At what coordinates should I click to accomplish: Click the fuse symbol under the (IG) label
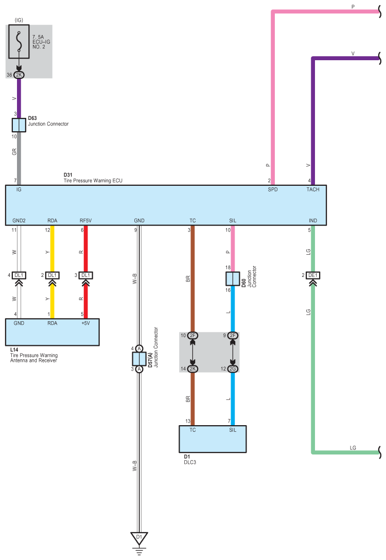[19, 41]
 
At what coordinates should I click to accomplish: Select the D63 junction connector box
[19, 125]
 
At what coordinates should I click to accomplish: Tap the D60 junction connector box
[233, 278]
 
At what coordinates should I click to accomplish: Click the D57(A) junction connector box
[139, 359]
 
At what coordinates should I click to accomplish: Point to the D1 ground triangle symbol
[139, 538]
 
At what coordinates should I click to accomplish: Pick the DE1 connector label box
[313, 275]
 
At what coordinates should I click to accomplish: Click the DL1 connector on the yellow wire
[52, 275]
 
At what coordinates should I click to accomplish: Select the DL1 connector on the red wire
[86, 275]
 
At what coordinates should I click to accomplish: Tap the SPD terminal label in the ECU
[272, 189]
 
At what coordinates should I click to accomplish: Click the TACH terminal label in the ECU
[313, 189]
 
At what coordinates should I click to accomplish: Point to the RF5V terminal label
[86, 220]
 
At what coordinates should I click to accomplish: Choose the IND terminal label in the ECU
[313, 220]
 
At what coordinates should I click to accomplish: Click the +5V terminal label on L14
[86, 323]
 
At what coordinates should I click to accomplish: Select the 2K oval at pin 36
[19, 75]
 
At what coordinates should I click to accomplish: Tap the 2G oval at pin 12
[233, 369]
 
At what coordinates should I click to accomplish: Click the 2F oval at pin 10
[192, 336]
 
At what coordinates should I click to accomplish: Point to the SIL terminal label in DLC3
[233, 430]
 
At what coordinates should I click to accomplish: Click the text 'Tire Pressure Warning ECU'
[93, 181]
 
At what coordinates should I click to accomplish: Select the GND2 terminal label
[19, 220]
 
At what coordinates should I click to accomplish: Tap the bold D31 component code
[68, 175]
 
